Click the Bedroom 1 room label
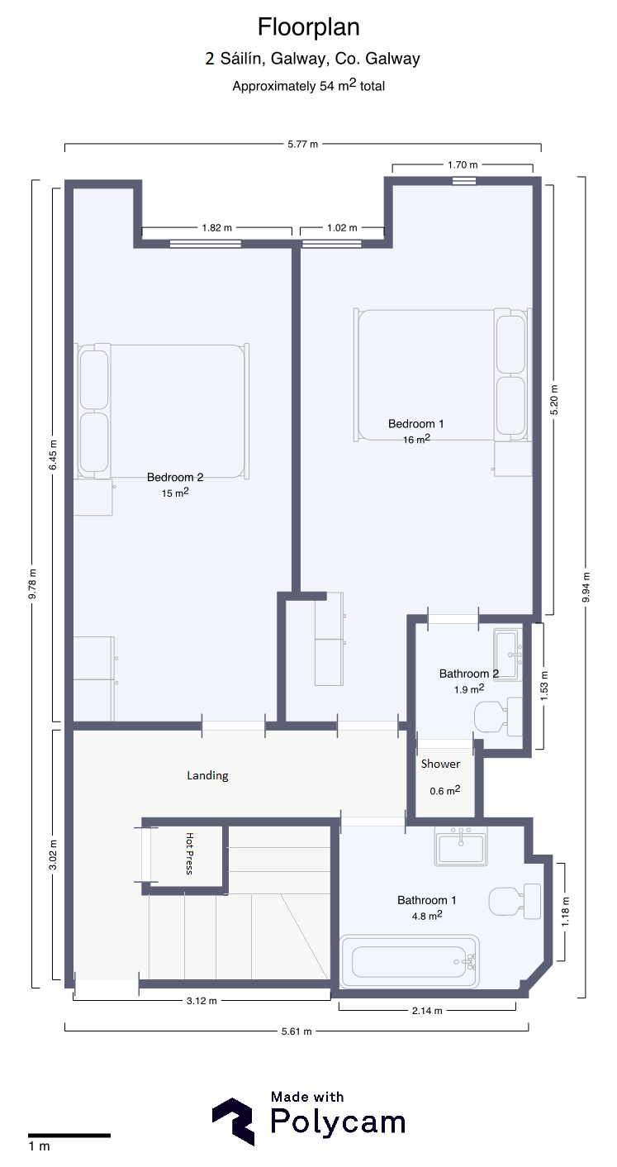[416, 423]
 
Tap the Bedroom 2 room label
[175, 477]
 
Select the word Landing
[208, 776]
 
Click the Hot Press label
[189, 854]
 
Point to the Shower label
[440, 764]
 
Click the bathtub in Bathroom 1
[409, 961]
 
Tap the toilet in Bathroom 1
[515, 902]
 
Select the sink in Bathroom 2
[508, 655]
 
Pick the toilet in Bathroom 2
[498, 717]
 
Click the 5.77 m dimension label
[302, 144]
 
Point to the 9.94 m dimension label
[586, 587]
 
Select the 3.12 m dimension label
[202, 1000]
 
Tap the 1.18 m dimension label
[565, 912]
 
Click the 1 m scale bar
[69, 1136]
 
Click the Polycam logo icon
[233, 1122]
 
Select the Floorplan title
[309, 27]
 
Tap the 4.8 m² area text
[427, 915]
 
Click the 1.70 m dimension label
[463, 165]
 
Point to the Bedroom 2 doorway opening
[234, 725]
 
